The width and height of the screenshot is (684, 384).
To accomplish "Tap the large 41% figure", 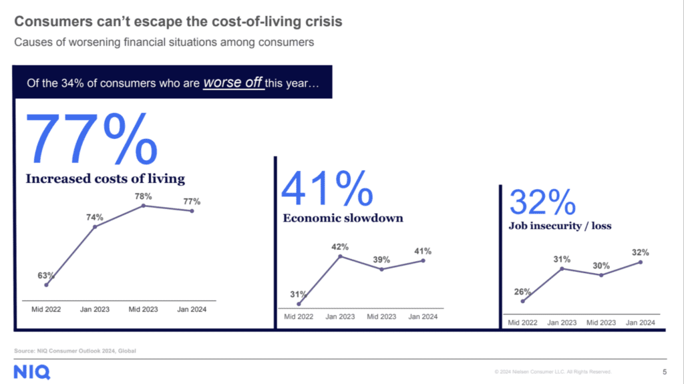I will click(x=327, y=188).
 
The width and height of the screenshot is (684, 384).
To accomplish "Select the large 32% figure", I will click(x=542, y=202).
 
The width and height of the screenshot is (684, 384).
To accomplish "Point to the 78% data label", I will click(x=144, y=196).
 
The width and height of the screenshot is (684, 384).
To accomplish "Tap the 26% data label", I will click(x=522, y=291).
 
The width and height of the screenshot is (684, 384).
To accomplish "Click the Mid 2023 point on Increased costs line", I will click(x=144, y=206).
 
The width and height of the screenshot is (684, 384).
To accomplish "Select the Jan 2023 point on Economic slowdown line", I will click(x=341, y=256).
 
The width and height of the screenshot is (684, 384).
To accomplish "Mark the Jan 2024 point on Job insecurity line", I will click(x=641, y=262).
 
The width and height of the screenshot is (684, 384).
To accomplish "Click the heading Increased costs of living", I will click(x=106, y=178).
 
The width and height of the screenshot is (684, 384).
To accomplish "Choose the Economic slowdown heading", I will click(x=343, y=218).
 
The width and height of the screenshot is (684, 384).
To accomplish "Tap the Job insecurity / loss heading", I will click(x=560, y=226).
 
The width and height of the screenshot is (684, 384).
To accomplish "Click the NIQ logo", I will click(x=31, y=372).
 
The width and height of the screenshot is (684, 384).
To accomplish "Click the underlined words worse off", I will click(x=233, y=83).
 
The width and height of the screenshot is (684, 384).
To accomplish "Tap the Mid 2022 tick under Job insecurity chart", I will click(x=522, y=323).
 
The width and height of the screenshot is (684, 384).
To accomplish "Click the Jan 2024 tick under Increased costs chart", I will click(x=192, y=309).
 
